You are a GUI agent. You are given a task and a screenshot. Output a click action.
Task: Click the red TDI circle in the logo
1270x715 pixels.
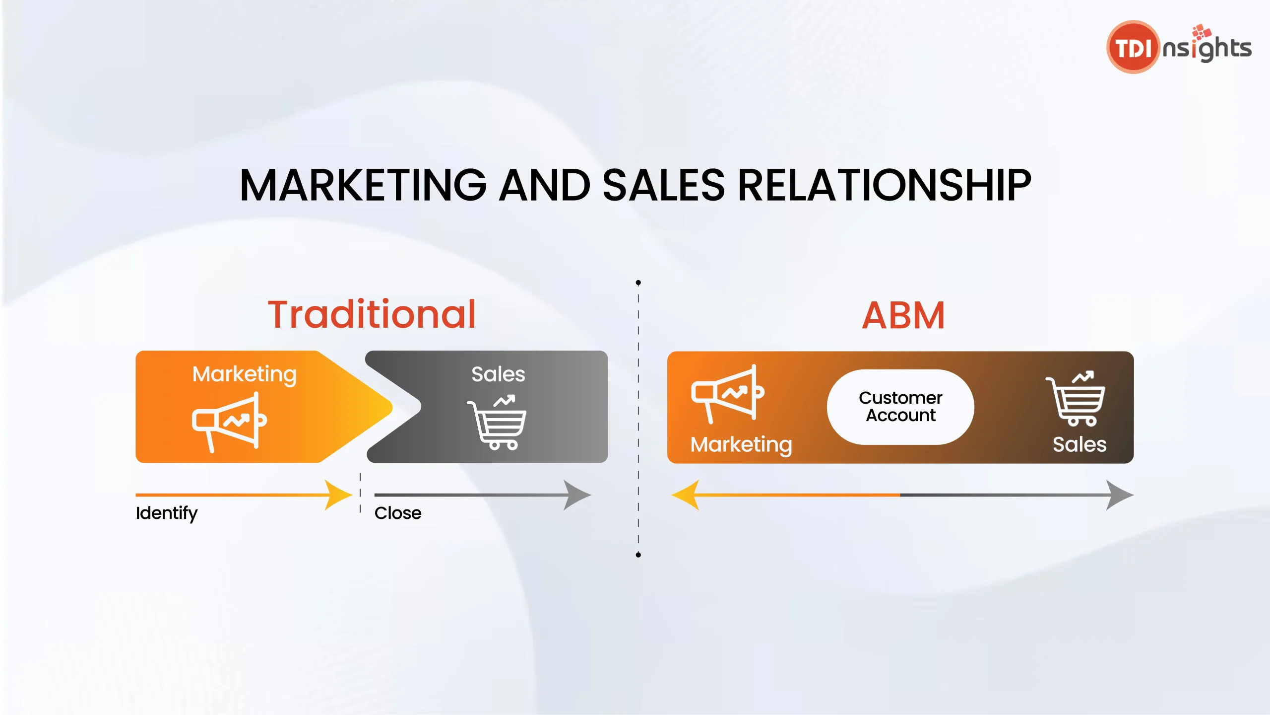1133,47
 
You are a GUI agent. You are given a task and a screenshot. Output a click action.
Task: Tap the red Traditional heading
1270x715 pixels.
372,315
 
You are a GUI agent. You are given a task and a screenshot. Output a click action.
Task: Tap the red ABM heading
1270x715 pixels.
903,316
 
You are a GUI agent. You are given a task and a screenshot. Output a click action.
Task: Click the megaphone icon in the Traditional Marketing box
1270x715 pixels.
229,422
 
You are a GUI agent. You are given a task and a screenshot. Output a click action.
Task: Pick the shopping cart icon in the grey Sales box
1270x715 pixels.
497,422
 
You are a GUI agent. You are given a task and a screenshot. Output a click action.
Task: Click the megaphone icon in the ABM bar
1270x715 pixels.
728,394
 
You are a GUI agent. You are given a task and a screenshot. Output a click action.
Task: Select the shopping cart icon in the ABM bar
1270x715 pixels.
1076,398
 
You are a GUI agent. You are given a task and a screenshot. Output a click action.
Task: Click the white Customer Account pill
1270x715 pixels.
900,407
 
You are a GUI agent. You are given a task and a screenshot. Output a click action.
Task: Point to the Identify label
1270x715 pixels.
167,513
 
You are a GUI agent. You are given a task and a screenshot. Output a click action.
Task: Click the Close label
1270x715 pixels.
398,513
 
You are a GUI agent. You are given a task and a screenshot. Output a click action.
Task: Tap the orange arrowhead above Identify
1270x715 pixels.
338,495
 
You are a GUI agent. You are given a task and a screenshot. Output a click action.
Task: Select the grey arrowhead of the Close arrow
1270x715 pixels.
577,495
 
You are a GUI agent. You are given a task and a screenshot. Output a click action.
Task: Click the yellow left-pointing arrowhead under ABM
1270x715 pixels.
685,495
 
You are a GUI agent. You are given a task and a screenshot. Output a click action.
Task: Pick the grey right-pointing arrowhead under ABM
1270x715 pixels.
1120,495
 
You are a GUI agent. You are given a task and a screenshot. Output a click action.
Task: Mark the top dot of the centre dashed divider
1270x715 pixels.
638,283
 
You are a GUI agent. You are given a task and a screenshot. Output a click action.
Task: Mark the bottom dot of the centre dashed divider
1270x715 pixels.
638,555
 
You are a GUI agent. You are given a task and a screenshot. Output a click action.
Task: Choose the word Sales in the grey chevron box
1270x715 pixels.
498,374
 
